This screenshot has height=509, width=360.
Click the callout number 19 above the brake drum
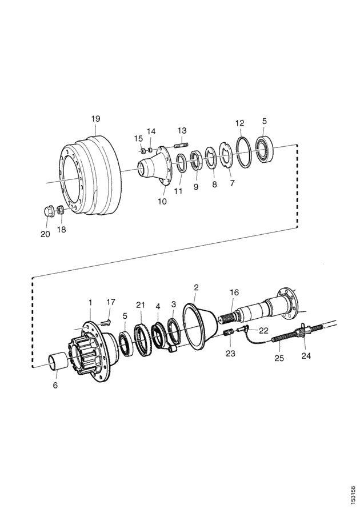95,119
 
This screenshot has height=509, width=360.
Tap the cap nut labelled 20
49,211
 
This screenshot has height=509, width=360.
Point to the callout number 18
61,230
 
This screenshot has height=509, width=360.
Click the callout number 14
151,131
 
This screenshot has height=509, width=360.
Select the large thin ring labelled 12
243,153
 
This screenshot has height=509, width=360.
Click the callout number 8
214,185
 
